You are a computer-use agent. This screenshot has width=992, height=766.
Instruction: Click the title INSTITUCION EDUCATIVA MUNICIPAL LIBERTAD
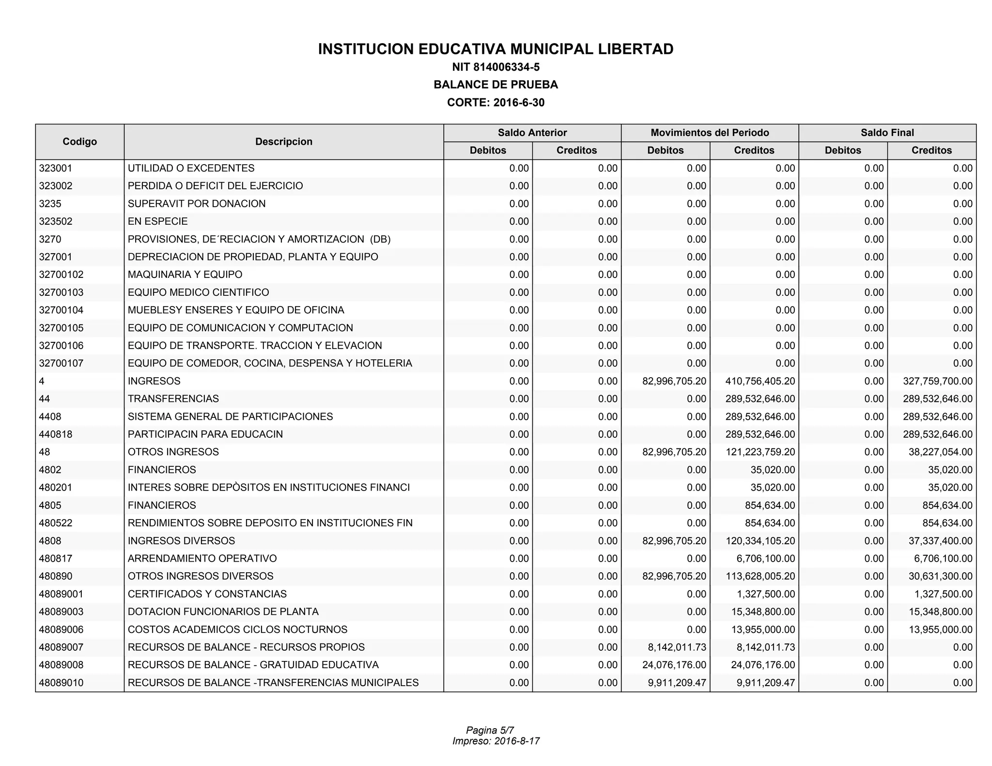(x=496, y=49)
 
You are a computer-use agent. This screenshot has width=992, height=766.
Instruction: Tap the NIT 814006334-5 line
(x=496, y=67)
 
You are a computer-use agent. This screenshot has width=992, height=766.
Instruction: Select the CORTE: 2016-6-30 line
(x=496, y=103)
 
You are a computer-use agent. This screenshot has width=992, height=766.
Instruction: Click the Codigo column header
(x=79, y=141)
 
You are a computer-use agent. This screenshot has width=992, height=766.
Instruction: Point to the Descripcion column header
(x=283, y=141)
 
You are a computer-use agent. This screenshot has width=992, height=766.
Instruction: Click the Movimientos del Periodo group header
(x=710, y=133)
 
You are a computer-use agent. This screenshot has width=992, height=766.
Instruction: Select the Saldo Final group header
(x=887, y=133)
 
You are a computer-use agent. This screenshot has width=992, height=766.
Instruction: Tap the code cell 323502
(x=56, y=221)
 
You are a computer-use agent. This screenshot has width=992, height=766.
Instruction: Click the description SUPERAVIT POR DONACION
(x=197, y=204)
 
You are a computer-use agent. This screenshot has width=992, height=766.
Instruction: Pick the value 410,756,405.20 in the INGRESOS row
(x=760, y=381)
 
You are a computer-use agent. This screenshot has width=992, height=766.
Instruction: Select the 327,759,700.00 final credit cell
(x=937, y=381)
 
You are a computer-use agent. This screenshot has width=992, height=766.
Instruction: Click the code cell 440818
(x=56, y=434)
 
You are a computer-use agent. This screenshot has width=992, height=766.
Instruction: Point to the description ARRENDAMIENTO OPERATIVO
(x=202, y=558)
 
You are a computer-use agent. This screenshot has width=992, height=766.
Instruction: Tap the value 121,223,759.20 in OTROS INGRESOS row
(x=760, y=452)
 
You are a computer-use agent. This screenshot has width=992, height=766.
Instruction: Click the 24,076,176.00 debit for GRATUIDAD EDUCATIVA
(x=674, y=665)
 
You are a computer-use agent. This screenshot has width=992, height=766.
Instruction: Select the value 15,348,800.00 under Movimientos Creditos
(x=763, y=612)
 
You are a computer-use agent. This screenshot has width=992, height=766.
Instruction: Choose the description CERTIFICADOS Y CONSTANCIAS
(x=207, y=594)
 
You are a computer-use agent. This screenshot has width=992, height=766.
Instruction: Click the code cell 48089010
(x=61, y=683)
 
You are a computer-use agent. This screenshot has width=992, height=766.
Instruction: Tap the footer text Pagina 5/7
(x=490, y=730)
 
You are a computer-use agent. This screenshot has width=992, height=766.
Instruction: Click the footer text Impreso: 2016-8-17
(x=496, y=741)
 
